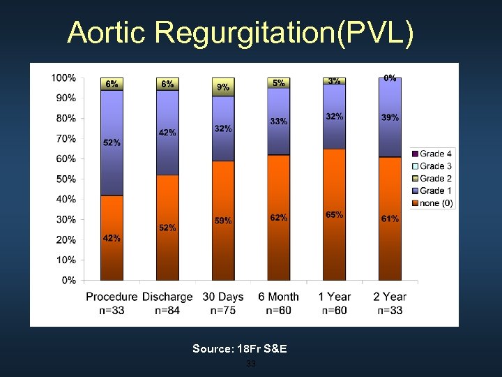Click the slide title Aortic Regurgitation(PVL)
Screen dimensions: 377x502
[241, 32]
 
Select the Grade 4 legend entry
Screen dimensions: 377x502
[435, 154]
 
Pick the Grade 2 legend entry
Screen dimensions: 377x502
[435, 179]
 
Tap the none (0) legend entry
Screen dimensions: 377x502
[435, 204]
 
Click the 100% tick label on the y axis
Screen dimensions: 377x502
[63, 77]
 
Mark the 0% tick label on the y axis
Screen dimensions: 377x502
[68, 281]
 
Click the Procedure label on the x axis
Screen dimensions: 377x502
[112, 297]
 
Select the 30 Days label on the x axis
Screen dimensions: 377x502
[223, 297]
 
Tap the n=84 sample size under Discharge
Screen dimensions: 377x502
[167, 310]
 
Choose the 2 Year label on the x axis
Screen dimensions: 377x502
[390, 297]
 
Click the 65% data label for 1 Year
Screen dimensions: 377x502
[334, 215]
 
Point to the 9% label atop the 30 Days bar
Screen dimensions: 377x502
[223, 87]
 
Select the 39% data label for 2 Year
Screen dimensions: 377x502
[390, 118]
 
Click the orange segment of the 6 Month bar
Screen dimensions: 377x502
[279, 237]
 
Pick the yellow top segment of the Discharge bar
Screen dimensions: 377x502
[167, 84]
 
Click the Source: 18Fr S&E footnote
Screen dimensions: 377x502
[240, 348]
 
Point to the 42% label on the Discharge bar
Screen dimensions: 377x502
[167, 133]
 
